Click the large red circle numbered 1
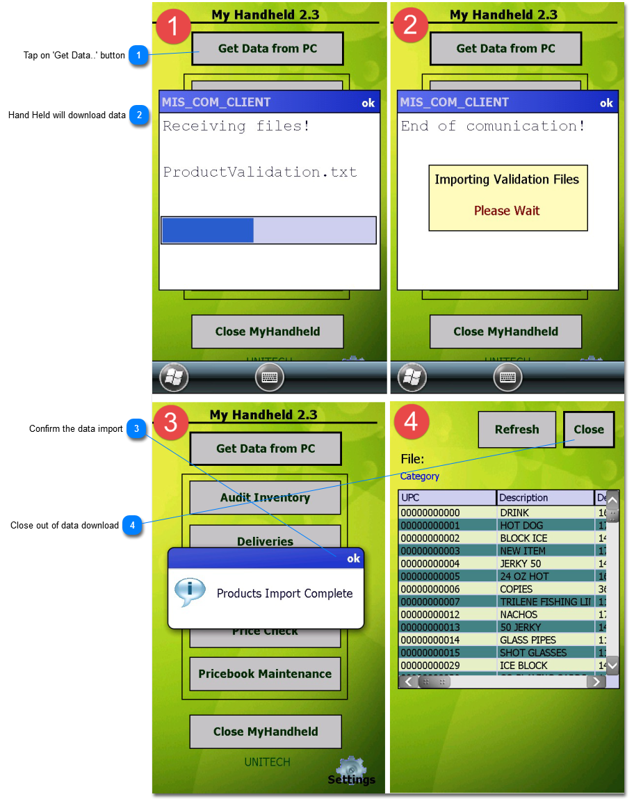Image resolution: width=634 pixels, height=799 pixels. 173,26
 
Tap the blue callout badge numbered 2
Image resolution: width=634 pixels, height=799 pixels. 140,115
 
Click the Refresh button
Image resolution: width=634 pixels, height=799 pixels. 517,430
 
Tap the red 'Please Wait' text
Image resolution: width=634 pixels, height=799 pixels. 507,211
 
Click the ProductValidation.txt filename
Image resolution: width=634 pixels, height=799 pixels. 260,172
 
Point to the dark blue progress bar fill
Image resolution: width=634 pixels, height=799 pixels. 208,230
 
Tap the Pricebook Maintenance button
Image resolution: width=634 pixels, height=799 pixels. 265,674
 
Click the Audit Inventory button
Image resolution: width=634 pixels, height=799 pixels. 265,498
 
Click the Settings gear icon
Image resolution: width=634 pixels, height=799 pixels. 351,770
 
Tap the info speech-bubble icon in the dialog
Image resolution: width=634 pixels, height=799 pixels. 190,592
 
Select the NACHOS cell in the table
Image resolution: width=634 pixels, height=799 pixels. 519,615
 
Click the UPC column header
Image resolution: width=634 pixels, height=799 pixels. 447,498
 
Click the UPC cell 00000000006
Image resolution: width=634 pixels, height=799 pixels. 430,589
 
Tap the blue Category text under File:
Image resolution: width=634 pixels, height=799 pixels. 420,476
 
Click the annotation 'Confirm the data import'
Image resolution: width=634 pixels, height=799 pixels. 76,429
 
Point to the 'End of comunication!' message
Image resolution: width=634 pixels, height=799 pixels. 493,126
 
